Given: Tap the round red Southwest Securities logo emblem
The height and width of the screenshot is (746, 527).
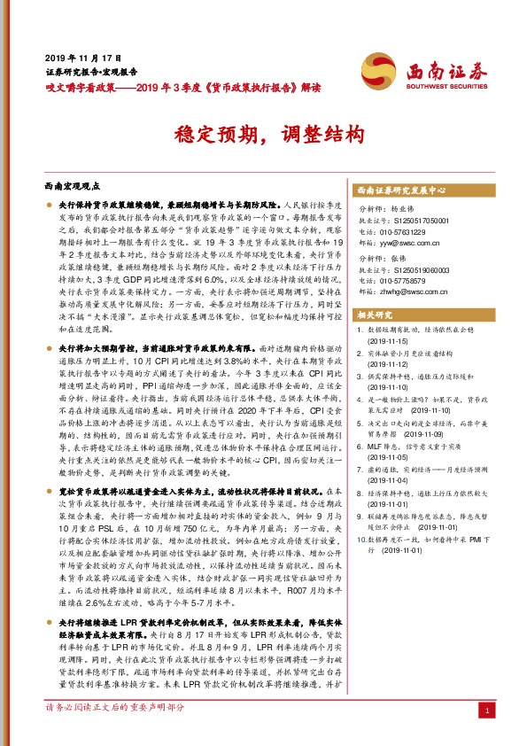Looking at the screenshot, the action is tap(379, 68).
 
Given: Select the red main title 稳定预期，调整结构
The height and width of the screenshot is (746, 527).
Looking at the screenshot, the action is tap(263, 134).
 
